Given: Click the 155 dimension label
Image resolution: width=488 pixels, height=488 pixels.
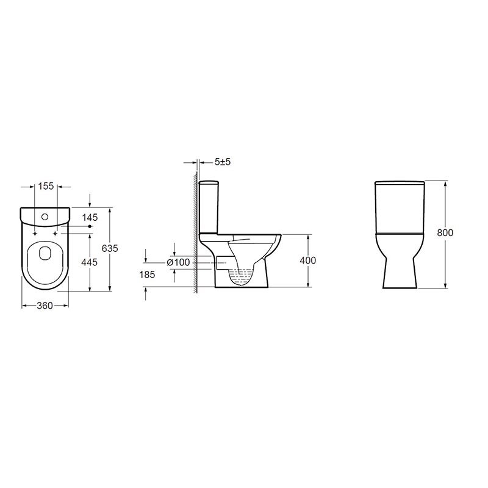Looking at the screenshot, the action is point(46,186).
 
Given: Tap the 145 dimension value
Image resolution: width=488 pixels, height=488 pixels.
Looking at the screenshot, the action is point(90,217).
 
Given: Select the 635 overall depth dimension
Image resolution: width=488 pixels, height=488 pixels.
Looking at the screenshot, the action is point(110,248).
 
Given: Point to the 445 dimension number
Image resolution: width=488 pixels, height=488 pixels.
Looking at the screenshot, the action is point(89,262).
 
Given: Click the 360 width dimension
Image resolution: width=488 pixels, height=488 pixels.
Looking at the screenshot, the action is point(45,306).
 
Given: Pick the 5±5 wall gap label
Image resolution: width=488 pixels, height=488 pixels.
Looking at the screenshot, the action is point(223,162).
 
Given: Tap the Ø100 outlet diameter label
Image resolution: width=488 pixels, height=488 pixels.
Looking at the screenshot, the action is point(178,262).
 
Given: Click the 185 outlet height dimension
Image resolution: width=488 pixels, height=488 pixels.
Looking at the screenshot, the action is point(147,275).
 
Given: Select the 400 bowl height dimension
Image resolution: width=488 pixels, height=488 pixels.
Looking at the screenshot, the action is point(308,260).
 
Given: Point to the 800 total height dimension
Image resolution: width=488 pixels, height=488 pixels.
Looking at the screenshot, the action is point(445,233).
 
